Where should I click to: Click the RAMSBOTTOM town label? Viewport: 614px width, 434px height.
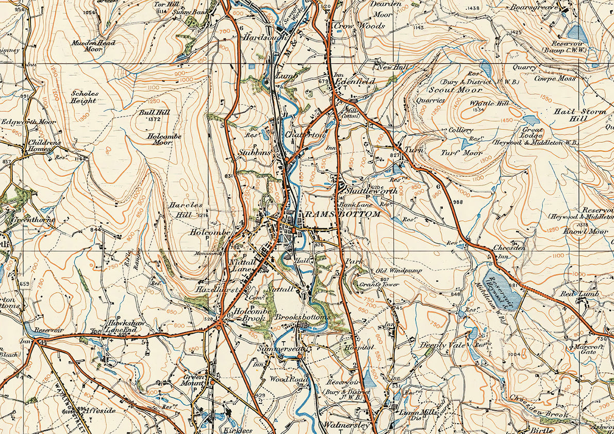pos(342,214)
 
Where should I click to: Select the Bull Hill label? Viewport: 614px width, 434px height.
pos(151,111)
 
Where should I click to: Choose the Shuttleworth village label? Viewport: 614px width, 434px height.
pos(371,191)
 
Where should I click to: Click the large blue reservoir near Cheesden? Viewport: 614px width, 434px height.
pos(503,289)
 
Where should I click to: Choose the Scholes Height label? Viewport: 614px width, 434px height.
pos(84,97)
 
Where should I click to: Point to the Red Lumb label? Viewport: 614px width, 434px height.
pos(580,294)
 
